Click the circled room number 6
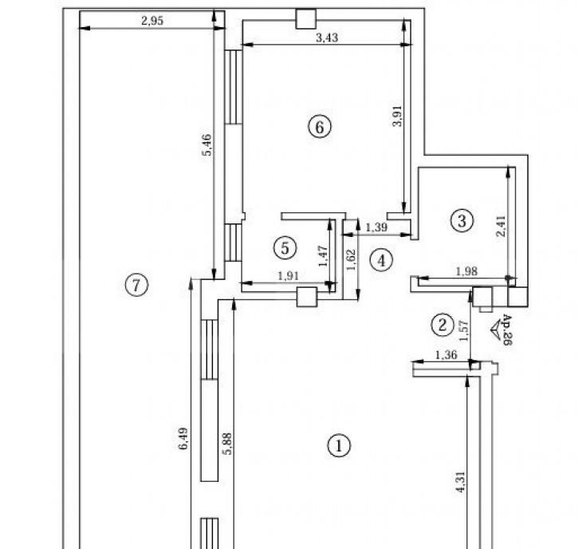[x=320, y=127]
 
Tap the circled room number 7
[x=136, y=285]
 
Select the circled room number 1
[x=339, y=446]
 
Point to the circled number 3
[x=462, y=220]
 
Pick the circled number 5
[x=285, y=247]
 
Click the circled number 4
[x=381, y=260]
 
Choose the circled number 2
[x=442, y=325]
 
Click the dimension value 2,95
[x=151, y=21]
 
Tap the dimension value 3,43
[x=327, y=38]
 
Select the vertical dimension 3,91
[x=397, y=116]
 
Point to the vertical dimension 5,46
[x=207, y=144]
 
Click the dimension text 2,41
[x=501, y=226]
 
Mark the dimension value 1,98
[x=466, y=271]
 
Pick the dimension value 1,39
[x=376, y=227]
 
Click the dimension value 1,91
[x=288, y=275]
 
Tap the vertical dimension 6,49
[x=183, y=438]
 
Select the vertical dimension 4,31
[x=461, y=482]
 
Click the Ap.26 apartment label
[x=508, y=330]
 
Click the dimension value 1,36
[x=446, y=355]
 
